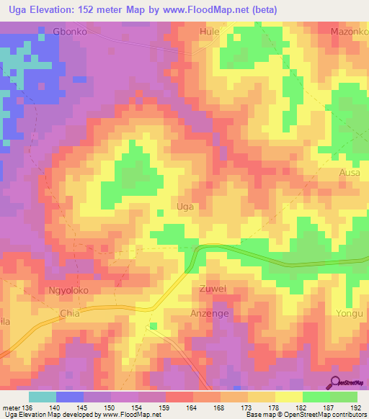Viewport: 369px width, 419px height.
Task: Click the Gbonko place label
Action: [70, 32]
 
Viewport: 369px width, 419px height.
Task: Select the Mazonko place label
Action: [348, 32]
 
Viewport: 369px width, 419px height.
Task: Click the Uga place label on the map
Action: [185, 207]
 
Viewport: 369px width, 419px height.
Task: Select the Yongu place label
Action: [351, 313]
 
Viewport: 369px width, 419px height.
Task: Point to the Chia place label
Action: [69, 314]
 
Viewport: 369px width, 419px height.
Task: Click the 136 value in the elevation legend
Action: [28, 407]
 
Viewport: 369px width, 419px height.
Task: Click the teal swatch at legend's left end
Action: [43, 397]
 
